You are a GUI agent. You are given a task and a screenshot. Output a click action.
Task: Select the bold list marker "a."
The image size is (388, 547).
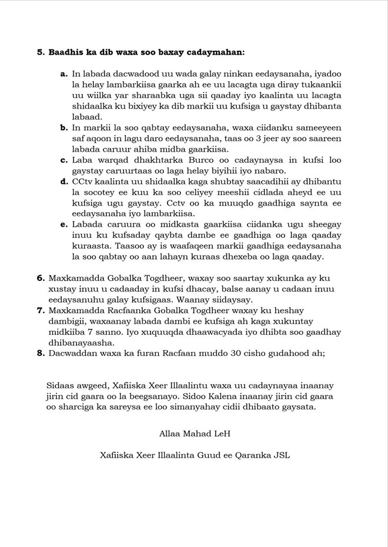tap(63, 74)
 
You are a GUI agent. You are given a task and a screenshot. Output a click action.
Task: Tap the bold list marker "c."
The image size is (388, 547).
tap(63, 159)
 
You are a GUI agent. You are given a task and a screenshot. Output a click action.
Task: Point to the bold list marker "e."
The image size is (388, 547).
tap(63, 224)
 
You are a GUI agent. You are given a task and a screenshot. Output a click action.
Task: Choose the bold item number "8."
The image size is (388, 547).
tap(41, 353)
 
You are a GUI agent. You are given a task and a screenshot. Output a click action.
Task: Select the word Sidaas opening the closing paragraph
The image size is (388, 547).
tap(60, 385)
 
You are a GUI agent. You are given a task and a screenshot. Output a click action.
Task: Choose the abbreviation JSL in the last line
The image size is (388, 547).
tap(280, 455)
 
